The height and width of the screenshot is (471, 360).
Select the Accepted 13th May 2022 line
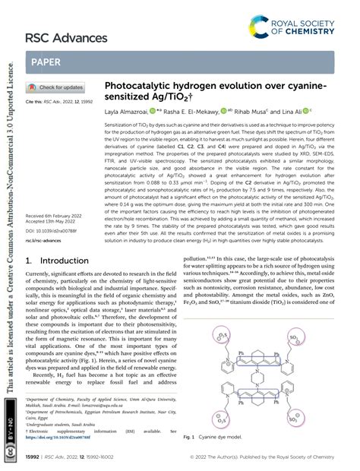coord(55,201)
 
